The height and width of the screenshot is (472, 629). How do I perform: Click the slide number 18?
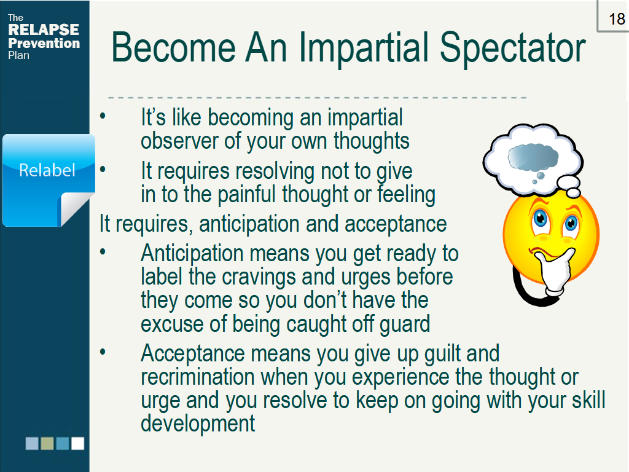pos(616,19)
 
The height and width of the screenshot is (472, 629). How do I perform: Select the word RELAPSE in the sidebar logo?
pos(44,30)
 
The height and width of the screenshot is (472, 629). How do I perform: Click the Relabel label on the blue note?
pos(47,170)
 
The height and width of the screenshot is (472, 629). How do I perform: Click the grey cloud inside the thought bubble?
pos(533,158)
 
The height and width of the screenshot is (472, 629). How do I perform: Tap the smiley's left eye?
pos(541,219)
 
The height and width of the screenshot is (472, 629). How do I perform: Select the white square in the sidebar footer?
pos(77,443)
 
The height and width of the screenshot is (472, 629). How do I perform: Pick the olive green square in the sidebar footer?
pos(47,443)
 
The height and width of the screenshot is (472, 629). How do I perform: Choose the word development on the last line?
pos(198,423)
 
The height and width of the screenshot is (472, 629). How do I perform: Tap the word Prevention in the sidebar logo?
pos(44,44)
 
